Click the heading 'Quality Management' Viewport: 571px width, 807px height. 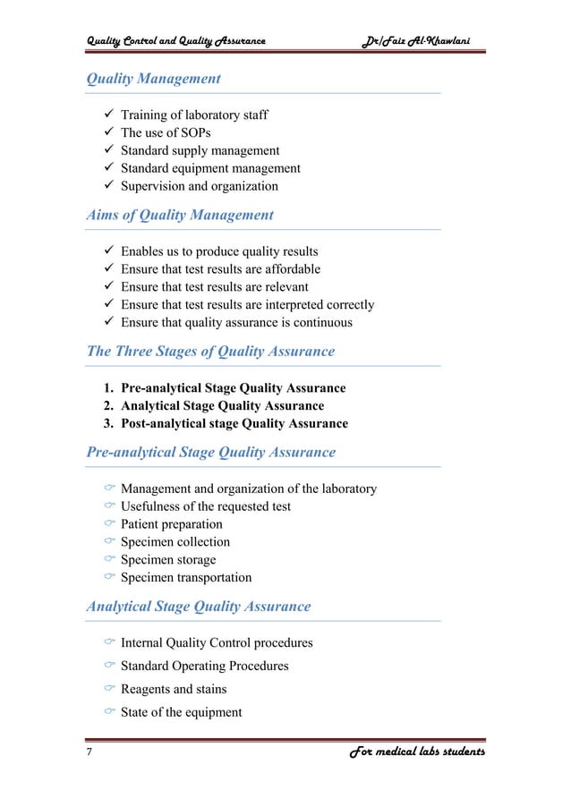point(153,79)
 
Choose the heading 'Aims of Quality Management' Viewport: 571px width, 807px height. point(180,215)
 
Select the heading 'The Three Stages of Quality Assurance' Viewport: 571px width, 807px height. point(210,352)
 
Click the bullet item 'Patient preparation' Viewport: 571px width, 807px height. point(172,524)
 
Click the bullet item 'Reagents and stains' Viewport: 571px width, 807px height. point(174,690)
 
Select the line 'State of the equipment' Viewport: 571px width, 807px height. point(182,713)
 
